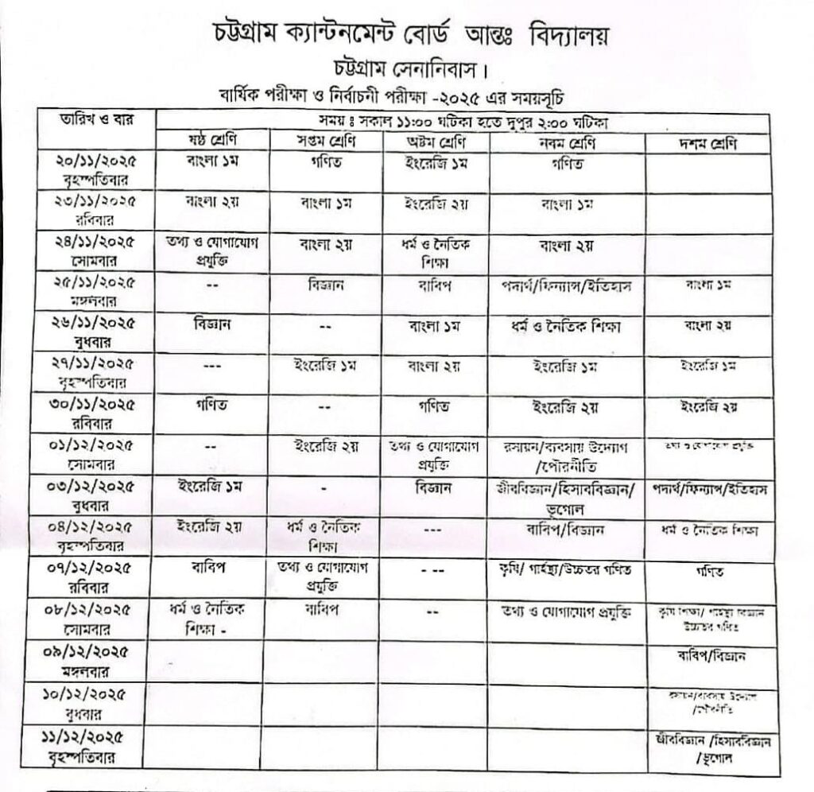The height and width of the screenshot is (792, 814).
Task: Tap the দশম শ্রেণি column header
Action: pos(707,144)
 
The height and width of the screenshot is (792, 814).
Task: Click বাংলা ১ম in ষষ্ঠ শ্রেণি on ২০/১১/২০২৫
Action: pos(207,163)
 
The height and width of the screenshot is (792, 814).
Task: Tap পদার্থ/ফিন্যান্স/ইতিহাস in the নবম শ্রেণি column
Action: pos(566,285)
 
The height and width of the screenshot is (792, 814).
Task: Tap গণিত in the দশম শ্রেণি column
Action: pos(707,571)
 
